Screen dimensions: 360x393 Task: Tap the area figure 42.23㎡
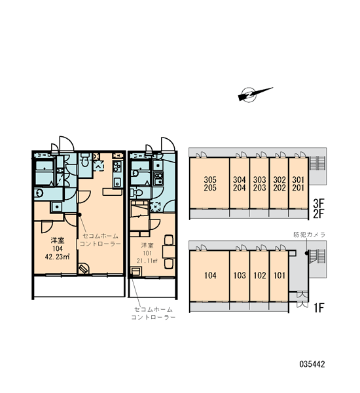coord(57,257)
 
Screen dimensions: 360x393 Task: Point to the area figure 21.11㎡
coord(147,261)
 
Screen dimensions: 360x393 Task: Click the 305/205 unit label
coord(210,183)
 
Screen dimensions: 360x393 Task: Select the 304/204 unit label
coord(240,183)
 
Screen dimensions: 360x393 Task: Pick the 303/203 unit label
coord(259,183)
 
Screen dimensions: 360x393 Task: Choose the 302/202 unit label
coord(279,183)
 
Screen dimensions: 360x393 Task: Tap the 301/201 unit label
coord(298,183)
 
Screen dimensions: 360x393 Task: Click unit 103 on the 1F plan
coord(240,276)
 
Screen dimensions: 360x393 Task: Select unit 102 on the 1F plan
coord(260,276)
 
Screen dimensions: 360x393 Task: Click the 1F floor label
coord(319,308)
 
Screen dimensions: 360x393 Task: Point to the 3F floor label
coord(319,203)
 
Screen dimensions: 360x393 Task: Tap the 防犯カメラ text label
coord(309,234)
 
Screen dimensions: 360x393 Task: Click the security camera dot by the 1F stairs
coord(306,253)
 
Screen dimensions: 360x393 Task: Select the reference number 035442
coord(312,364)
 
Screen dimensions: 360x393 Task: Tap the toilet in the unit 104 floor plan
coord(84,160)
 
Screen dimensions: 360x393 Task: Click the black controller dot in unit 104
coord(80,215)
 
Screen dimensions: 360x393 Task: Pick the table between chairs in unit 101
coord(168,252)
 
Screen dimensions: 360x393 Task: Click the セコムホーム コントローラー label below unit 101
coord(153,313)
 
